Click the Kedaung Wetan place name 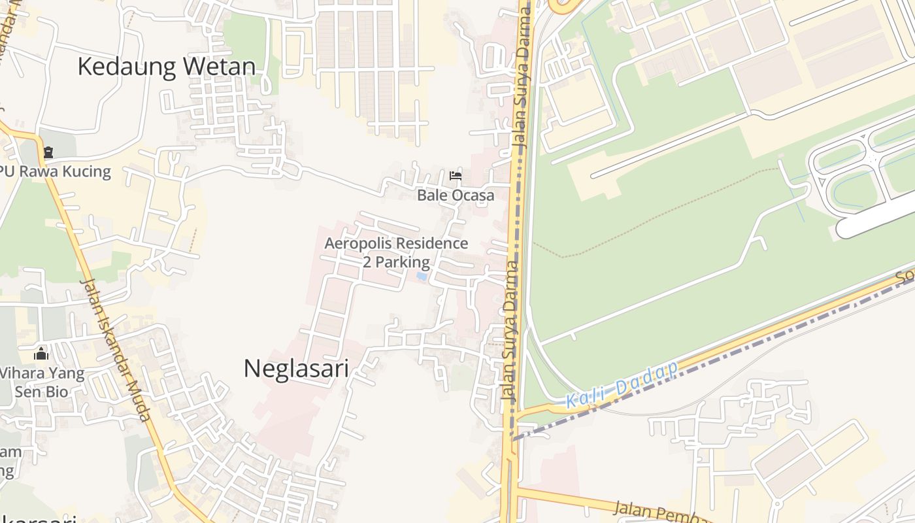tap(166, 67)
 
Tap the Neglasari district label tap(296, 369)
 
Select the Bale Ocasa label tap(456, 195)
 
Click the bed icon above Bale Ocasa tap(456, 175)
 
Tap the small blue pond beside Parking tap(422, 277)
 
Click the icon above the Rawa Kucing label tap(48, 153)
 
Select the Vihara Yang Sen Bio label tap(41, 382)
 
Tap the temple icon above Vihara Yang tap(41, 354)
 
